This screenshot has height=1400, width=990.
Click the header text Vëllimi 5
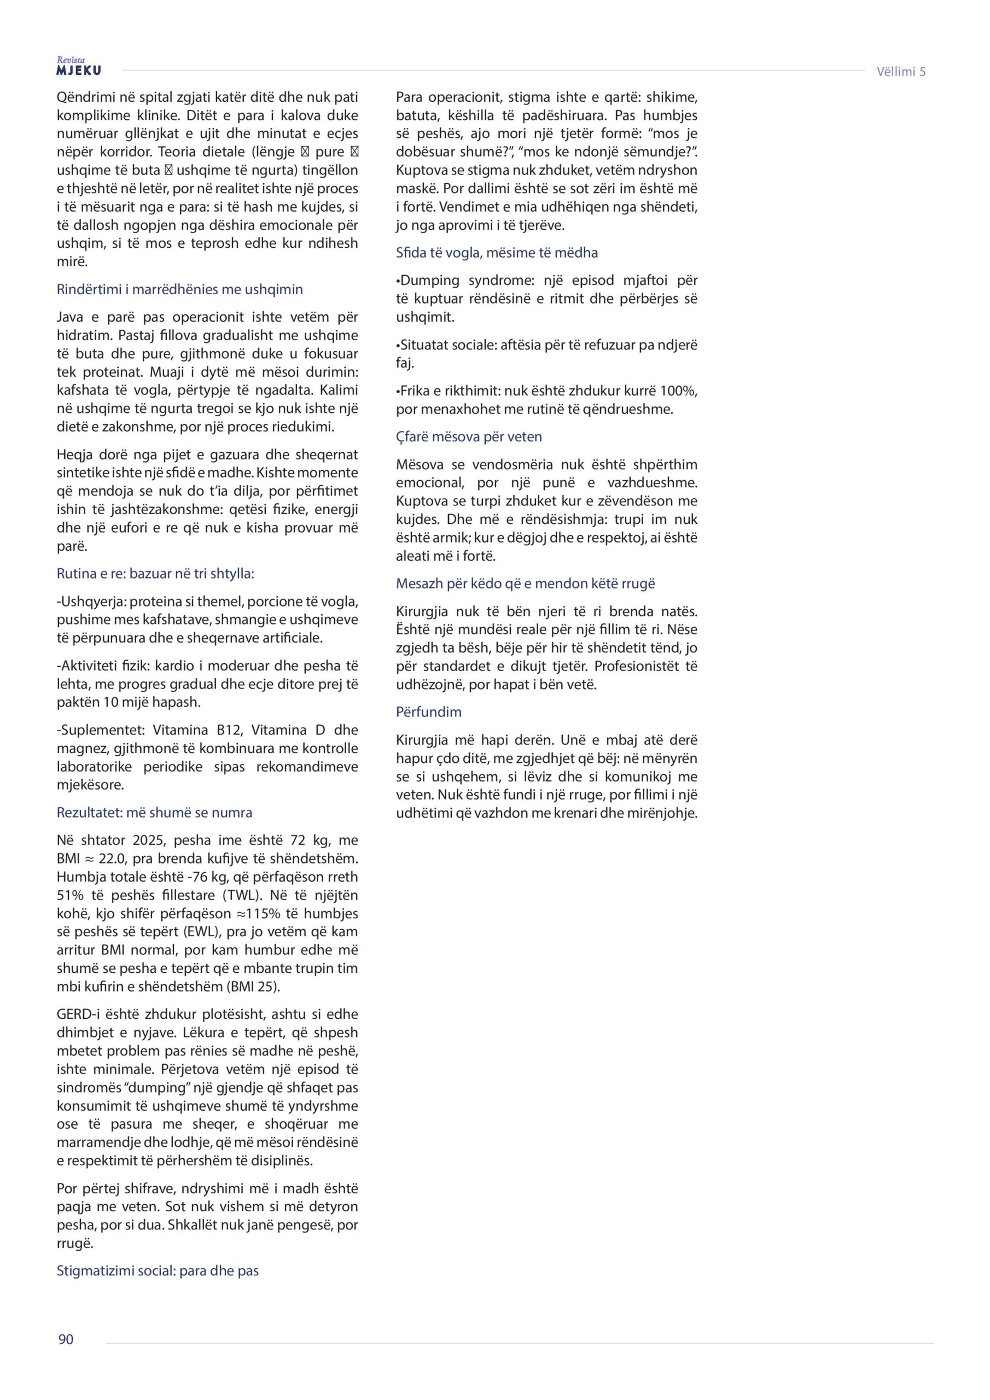coord(900,71)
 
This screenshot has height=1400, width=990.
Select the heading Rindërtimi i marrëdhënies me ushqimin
coord(179,289)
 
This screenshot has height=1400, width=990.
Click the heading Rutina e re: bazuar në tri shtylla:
coord(155,573)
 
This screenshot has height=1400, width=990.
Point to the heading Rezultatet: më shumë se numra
coord(154,812)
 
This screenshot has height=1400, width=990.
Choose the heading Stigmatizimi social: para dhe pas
coord(158,1271)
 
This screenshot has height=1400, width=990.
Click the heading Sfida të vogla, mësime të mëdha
coord(497,253)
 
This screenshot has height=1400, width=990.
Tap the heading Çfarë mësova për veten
coord(468,436)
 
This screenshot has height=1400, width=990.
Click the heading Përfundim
coord(428,711)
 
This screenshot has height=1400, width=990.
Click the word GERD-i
coord(80,1014)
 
